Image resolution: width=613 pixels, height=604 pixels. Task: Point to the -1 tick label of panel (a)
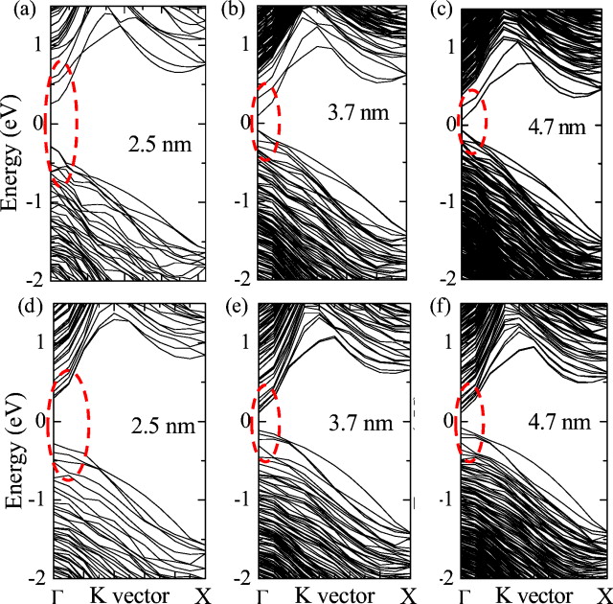coord(35,201)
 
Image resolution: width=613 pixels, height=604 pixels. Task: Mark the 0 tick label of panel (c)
coord(450,123)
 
